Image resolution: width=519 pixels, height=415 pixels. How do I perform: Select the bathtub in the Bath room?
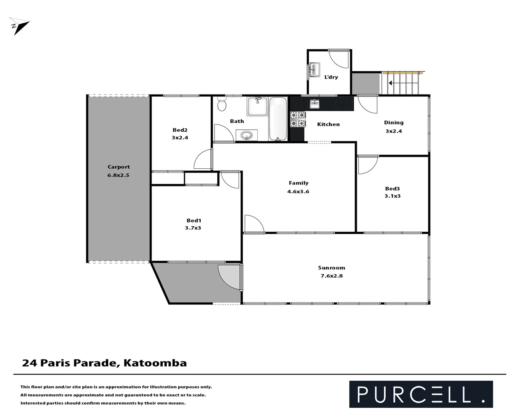278,119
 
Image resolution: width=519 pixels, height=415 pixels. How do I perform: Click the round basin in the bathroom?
246,135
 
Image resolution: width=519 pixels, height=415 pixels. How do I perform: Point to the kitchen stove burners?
297,119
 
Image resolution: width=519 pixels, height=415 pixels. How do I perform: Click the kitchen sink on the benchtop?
314,104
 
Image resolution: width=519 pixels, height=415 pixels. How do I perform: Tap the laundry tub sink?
314,70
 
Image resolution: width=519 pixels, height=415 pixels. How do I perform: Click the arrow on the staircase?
391,83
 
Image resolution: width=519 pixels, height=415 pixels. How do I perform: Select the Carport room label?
118,167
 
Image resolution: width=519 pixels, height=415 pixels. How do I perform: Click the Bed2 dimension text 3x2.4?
180,138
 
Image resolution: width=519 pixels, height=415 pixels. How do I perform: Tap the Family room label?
298,183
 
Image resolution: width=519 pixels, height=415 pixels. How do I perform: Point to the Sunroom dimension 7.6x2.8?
331,276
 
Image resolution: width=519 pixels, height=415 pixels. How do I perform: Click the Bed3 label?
393,188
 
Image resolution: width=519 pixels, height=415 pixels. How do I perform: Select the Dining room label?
394,123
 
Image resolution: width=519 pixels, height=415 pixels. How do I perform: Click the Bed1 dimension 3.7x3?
193,228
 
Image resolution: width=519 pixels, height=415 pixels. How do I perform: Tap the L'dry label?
331,77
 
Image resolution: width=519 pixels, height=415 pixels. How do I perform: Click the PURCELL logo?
421,394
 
